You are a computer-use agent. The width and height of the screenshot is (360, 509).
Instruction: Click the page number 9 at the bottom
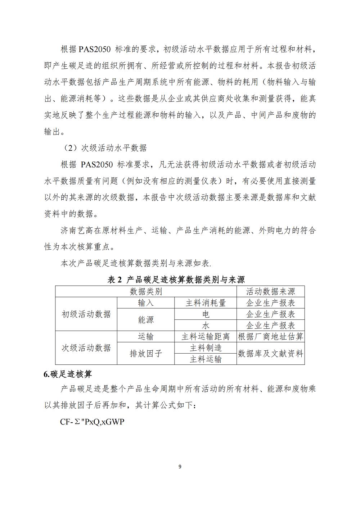[x=180, y=467]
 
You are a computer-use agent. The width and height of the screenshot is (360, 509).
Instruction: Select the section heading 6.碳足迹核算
[x=68, y=374]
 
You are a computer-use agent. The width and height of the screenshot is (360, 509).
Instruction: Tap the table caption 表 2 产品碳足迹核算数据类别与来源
[x=176, y=280]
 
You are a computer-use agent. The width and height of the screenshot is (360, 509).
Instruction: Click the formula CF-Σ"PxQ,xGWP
[x=92, y=422]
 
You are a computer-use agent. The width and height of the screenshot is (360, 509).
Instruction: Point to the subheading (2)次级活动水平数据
[x=105, y=148]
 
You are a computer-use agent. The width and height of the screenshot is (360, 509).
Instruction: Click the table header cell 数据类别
[x=146, y=291]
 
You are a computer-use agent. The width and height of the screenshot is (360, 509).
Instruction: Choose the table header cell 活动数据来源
[x=270, y=291]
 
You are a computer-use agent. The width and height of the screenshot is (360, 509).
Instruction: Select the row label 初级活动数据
[x=86, y=314]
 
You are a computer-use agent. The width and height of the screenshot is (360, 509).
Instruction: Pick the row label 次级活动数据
[x=86, y=348]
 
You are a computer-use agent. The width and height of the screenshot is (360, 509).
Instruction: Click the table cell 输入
[x=146, y=303]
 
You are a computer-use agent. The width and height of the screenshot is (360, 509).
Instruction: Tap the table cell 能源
[x=146, y=320]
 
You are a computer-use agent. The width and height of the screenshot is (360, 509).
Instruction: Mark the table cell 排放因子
[x=146, y=354]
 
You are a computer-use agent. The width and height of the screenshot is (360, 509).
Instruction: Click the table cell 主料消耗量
[x=206, y=303]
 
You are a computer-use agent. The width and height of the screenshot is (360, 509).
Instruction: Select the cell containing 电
[x=206, y=314]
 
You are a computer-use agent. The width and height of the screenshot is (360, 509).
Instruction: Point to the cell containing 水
[x=206, y=326]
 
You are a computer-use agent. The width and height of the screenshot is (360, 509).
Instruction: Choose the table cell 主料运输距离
[x=206, y=337]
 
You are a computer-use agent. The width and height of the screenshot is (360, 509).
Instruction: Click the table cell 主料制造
[x=206, y=348]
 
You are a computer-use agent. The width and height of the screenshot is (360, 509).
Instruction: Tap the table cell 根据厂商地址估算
[x=270, y=337]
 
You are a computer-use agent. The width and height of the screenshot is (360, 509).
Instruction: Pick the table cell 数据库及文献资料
[x=270, y=354]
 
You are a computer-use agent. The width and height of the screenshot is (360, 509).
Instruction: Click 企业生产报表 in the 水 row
[x=270, y=326]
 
